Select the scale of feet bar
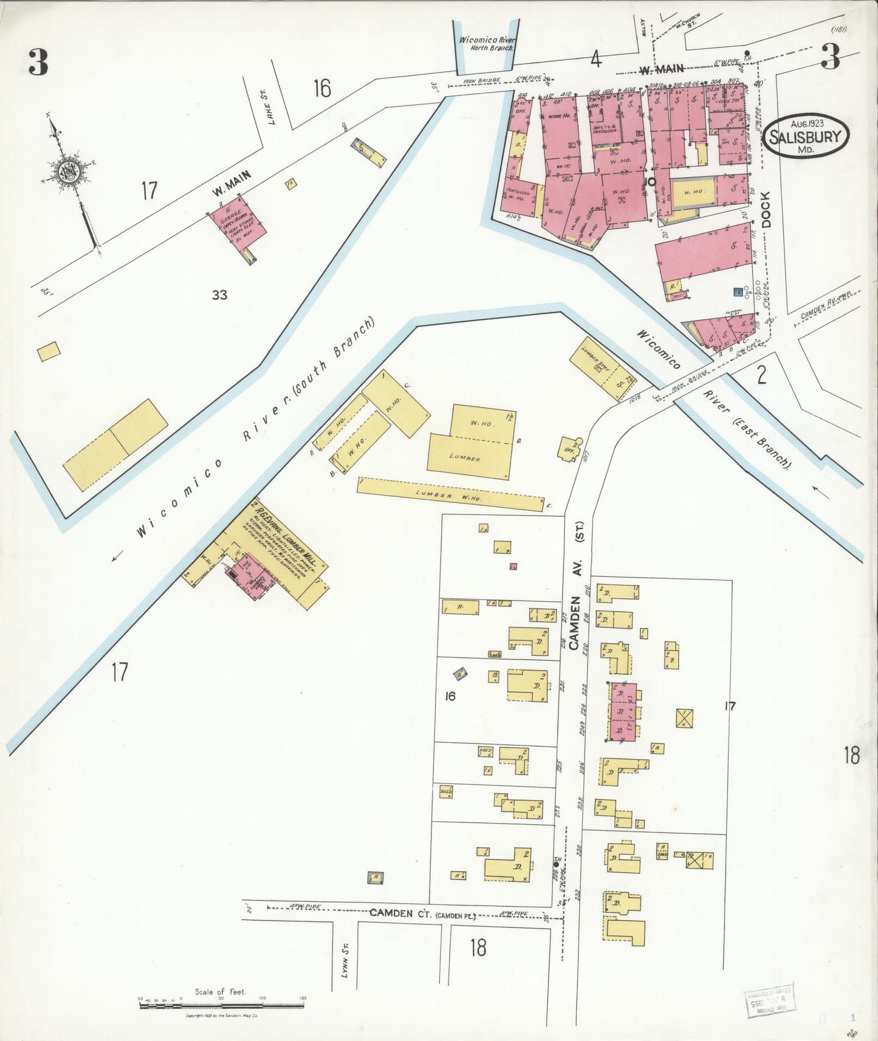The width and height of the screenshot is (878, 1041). pos(222,1005)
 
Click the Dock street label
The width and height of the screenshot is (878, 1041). pos(765,210)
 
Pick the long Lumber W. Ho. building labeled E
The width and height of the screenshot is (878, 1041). pos(450,494)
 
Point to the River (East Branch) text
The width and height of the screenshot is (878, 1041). pos(747,428)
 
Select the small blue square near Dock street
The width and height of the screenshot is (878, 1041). pos(738,293)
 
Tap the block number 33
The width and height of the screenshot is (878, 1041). pos(219,295)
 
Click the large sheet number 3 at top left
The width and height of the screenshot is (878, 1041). pos(38,62)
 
